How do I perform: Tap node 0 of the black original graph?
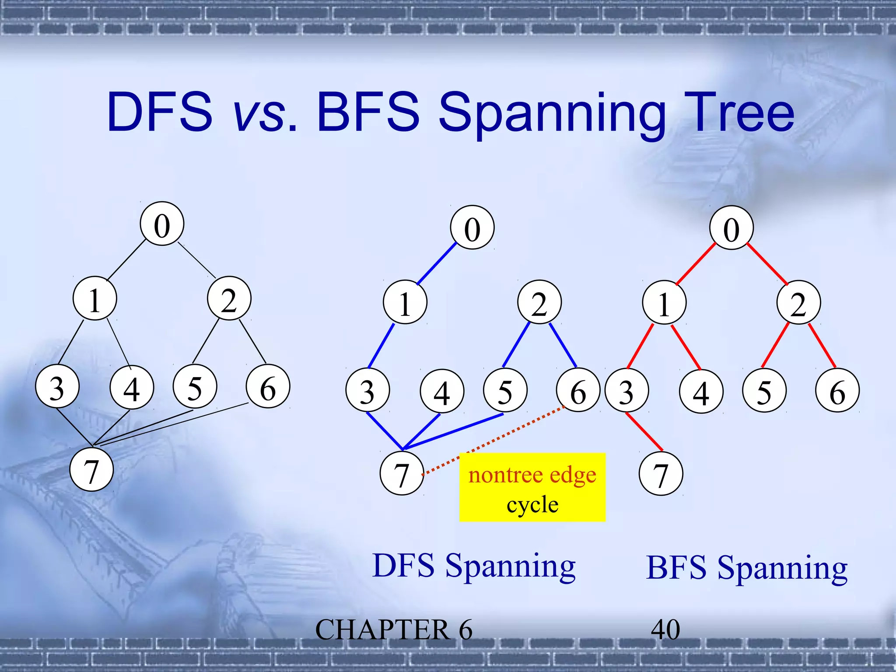(x=162, y=224)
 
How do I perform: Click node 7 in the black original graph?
(x=91, y=469)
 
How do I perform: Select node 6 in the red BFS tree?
(x=837, y=391)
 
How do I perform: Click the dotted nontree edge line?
(x=494, y=440)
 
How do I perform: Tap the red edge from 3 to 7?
(x=644, y=432)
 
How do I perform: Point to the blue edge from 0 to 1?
(x=437, y=264)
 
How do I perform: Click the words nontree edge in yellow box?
(x=532, y=475)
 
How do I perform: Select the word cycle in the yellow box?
(x=532, y=504)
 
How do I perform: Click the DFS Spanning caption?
(x=474, y=566)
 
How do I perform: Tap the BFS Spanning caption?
(x=746, y=568)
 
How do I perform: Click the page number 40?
(x=665, y=630)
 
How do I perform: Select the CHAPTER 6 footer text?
(x=393, y=630)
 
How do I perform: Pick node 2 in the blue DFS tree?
(x=539, y=302)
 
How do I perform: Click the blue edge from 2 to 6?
(x=563, y=345)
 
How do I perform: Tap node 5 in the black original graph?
(x=195, y=386)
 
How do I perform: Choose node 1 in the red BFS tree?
(x=664, y=302)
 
